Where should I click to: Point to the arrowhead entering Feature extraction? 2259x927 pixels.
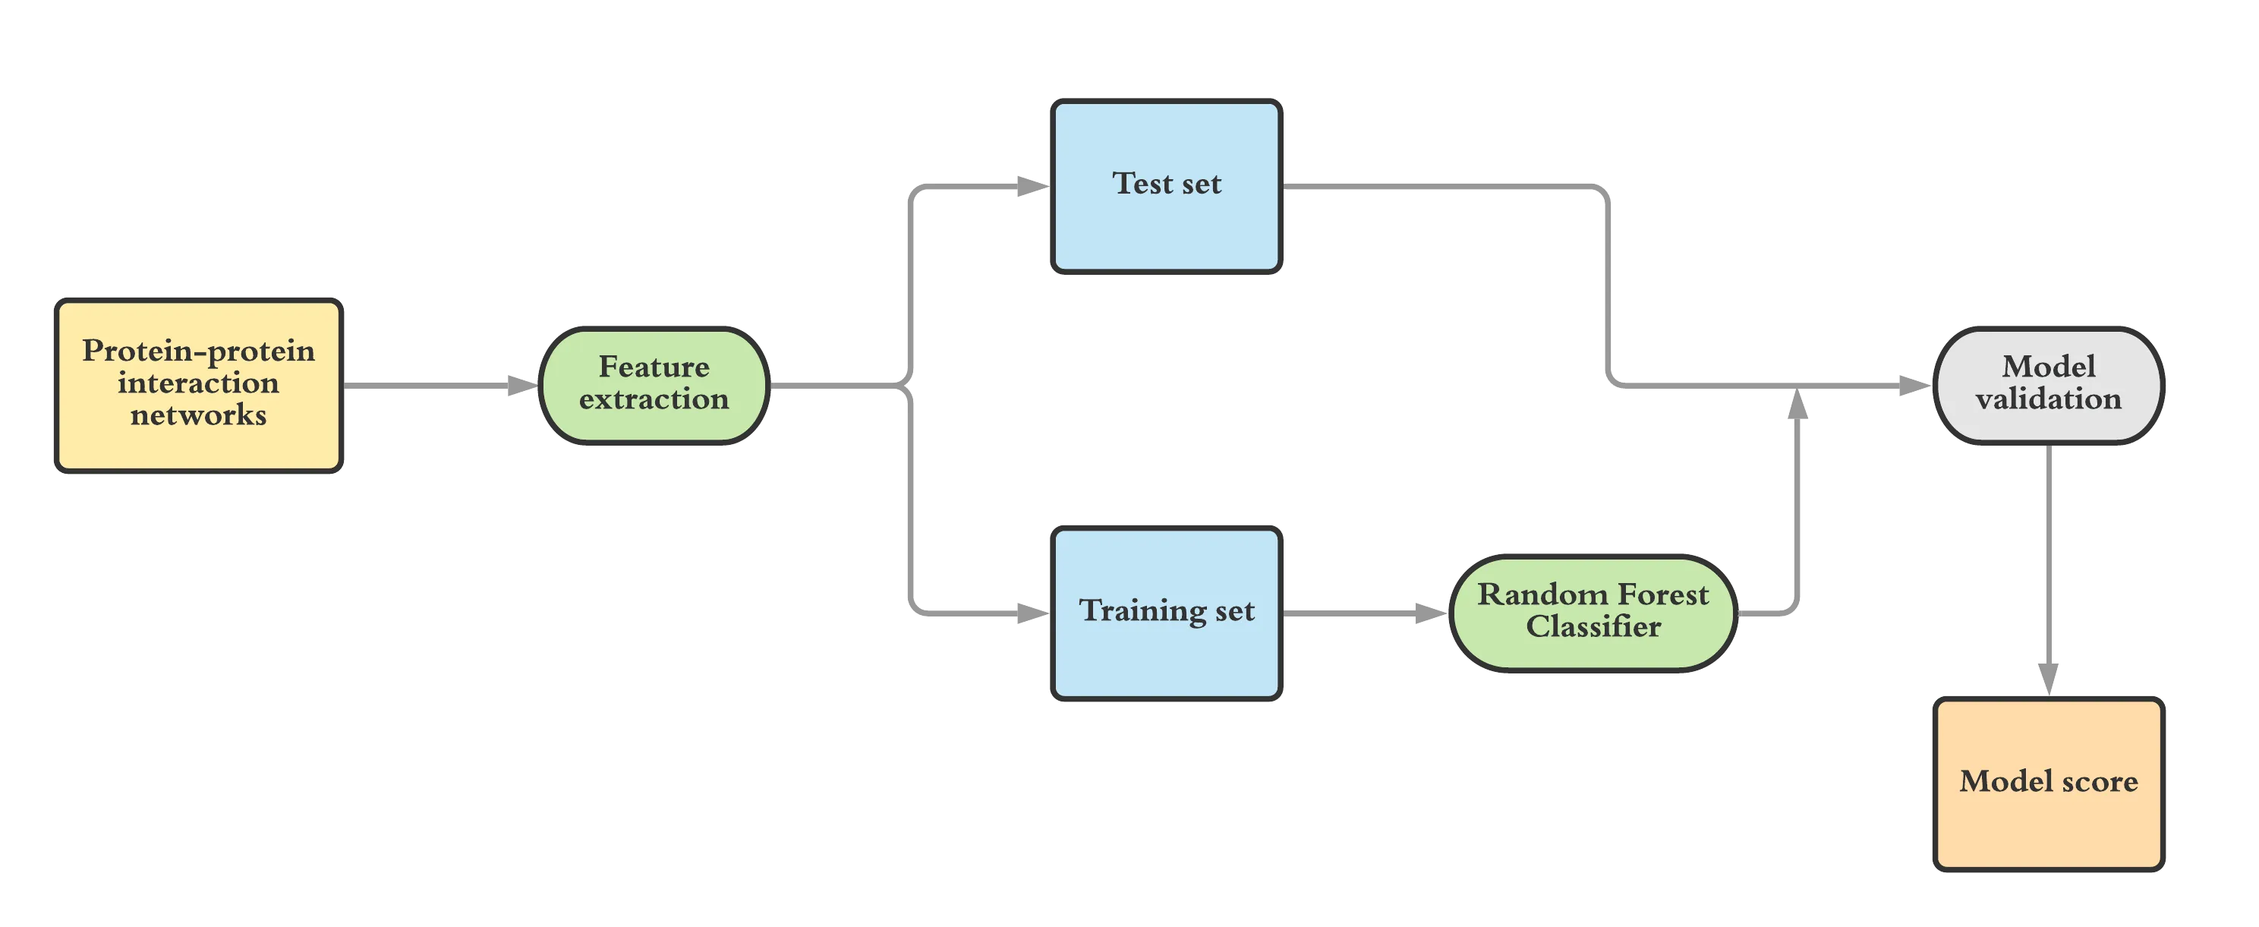pos(520,385)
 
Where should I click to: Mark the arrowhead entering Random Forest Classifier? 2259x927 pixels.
pos(1429,613)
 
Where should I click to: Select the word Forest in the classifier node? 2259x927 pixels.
pos(1662,594)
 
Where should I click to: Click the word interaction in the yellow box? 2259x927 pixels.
pos(198,383)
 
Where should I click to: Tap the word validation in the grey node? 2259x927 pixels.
pos(2049,399)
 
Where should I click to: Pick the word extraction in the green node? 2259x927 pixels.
pos(654,399)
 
